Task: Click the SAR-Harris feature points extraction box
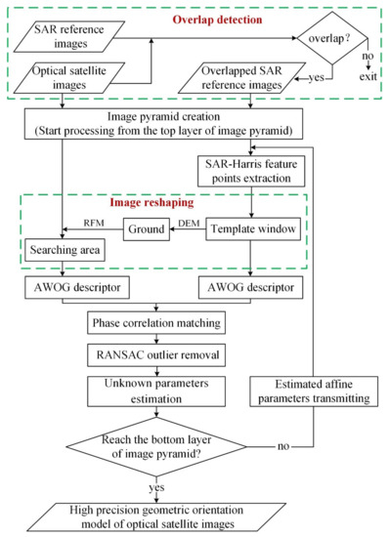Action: (253, 171)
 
